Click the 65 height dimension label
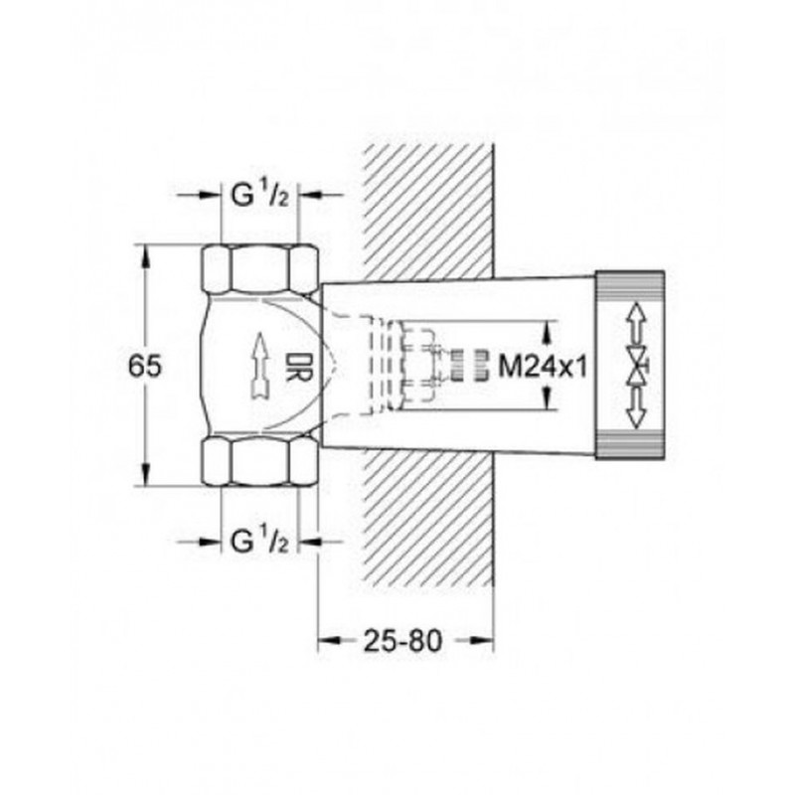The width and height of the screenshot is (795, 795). [144, 365]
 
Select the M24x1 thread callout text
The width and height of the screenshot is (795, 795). [543, 365]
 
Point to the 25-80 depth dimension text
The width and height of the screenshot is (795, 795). [403, 641]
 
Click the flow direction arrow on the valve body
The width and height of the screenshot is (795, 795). [260, 366]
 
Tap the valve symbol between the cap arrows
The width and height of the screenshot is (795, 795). [636, 366]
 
